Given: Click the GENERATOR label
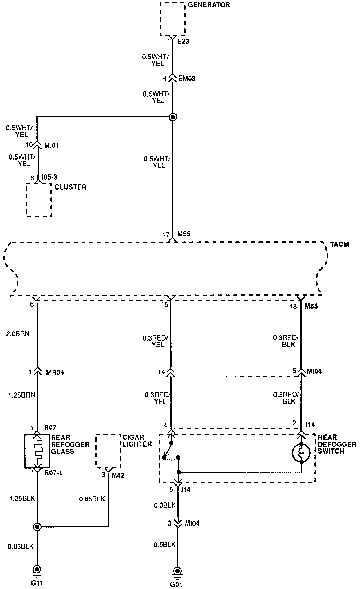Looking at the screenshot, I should coord(209,5).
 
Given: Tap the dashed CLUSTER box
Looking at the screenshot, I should coord(39,200).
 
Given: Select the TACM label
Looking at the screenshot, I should coord(339,245).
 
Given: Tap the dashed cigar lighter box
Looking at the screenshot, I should coord(108,450).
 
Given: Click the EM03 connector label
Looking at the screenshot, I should coord(187,79).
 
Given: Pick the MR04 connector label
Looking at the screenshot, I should coord(55,373).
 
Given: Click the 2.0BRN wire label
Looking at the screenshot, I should coord(18,334).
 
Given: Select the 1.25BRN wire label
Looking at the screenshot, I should coord(22,395).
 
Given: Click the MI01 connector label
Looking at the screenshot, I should coord(51,146).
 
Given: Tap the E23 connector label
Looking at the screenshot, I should coord(183,42).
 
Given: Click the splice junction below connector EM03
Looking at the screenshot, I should coord(173,117).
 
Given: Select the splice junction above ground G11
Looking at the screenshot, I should coord(37,527).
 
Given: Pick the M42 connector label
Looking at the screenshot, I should coord(118,475).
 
